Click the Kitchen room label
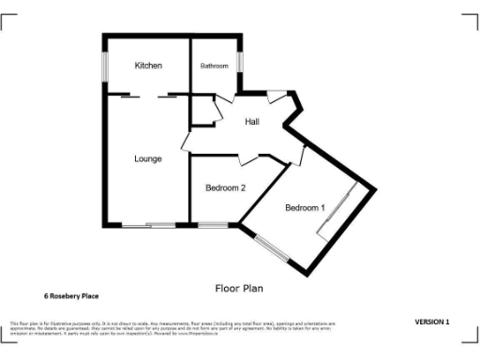pyautogui.click(x=148, y=66)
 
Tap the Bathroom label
pyautogui.click(x=214, y=66)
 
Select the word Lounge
pyautogui.click(x=147, y=158)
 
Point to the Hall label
pyautogui.click(x=252, y=123)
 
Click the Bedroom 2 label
pyautogui.click(x=225, y=187)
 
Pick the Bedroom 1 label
pyautogui.click(x=305, y=207)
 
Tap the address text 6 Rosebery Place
pyautogui.click(x=71, y=296)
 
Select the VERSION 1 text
pyautogui.click(x=432, y=322)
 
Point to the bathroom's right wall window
pyautogui.click(x=240, y=60)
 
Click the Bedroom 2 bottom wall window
pyautogui.click(x=213, y=225)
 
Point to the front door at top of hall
pyautogui.click(x=277, y=97)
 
